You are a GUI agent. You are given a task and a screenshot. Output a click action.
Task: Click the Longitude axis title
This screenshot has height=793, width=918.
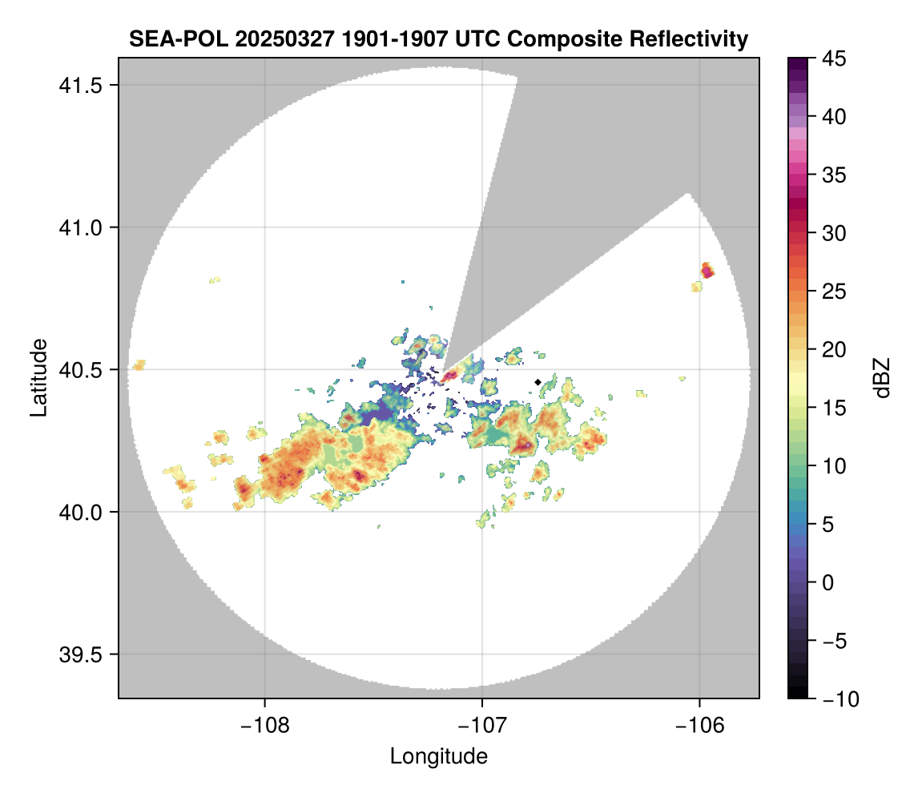click(439, 756)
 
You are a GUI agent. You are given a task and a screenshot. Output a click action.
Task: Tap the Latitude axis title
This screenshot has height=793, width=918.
click(38, 377)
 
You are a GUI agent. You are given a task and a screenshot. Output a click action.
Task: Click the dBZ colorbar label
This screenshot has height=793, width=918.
click(882, 378)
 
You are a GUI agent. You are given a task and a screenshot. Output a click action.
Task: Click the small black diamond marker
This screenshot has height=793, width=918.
click(538, 382)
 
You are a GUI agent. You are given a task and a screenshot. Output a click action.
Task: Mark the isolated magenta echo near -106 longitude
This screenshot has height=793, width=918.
click(707, 272)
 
